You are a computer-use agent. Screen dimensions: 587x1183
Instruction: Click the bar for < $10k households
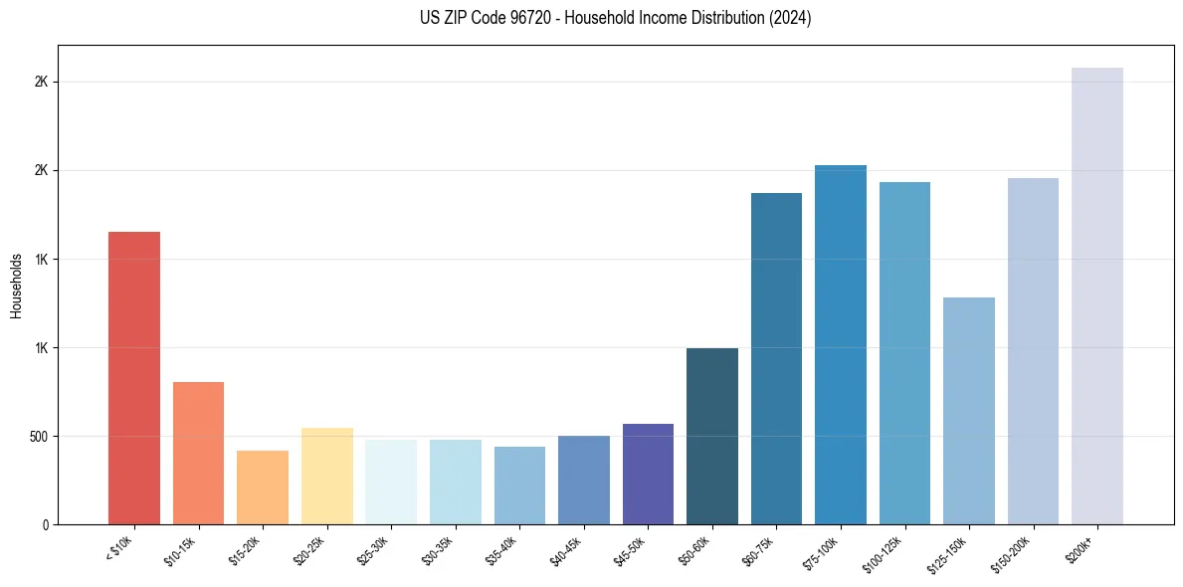point(134,378)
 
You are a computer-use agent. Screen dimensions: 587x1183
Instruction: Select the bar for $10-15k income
point(198,453)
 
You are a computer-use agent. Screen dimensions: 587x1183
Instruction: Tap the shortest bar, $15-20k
point(263,488)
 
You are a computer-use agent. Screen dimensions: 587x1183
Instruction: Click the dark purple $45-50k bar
point(648,474)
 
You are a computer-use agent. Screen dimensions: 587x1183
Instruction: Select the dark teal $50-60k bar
point(712,436)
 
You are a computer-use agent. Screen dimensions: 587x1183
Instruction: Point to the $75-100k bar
point(841,344)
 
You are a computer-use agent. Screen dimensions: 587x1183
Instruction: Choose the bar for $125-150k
point(969,411)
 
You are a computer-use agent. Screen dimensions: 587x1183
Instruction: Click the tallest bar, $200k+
point(1097,295)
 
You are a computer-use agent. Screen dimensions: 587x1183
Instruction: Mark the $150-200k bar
point(1033,351)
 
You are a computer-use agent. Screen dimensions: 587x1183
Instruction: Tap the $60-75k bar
point(776,358)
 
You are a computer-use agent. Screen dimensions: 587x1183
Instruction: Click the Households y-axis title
point(17,286)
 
